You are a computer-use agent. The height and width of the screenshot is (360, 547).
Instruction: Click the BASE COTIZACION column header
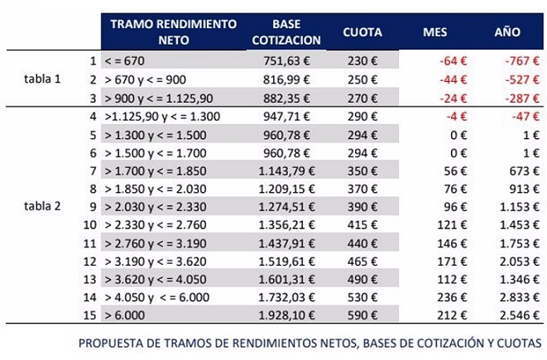click(290, 31)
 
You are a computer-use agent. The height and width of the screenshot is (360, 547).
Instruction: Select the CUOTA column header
click(362, 31)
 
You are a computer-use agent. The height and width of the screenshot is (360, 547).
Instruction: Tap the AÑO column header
click(506, 31)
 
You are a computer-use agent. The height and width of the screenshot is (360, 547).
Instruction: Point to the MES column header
click(434, 31)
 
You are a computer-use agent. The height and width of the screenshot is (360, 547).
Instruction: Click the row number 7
click(94, 170)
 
